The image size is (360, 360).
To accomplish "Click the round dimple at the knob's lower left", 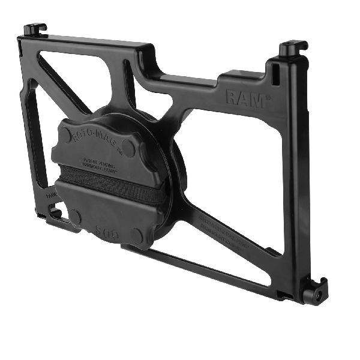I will [x=75, y=215].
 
